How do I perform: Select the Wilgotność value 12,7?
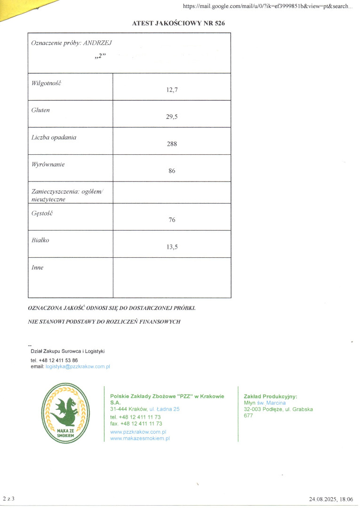click(172, 90)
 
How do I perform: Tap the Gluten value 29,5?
click(172, 117)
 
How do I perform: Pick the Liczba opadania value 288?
click(172, 144)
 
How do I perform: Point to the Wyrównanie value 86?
click(172, 171)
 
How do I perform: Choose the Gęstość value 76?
click(172, 219)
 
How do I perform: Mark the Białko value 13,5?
click(172, 246)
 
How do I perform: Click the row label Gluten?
click(40, 110)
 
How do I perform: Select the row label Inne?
click(37, 268)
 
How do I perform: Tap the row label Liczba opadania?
click(54, 137)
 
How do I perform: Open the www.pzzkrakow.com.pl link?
click(138, 431)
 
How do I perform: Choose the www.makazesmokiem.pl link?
click(140, 438)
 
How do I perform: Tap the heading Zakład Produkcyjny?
click(271, 396)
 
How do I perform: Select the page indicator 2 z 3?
click(9, 498)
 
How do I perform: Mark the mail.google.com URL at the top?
click(267, 6)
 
